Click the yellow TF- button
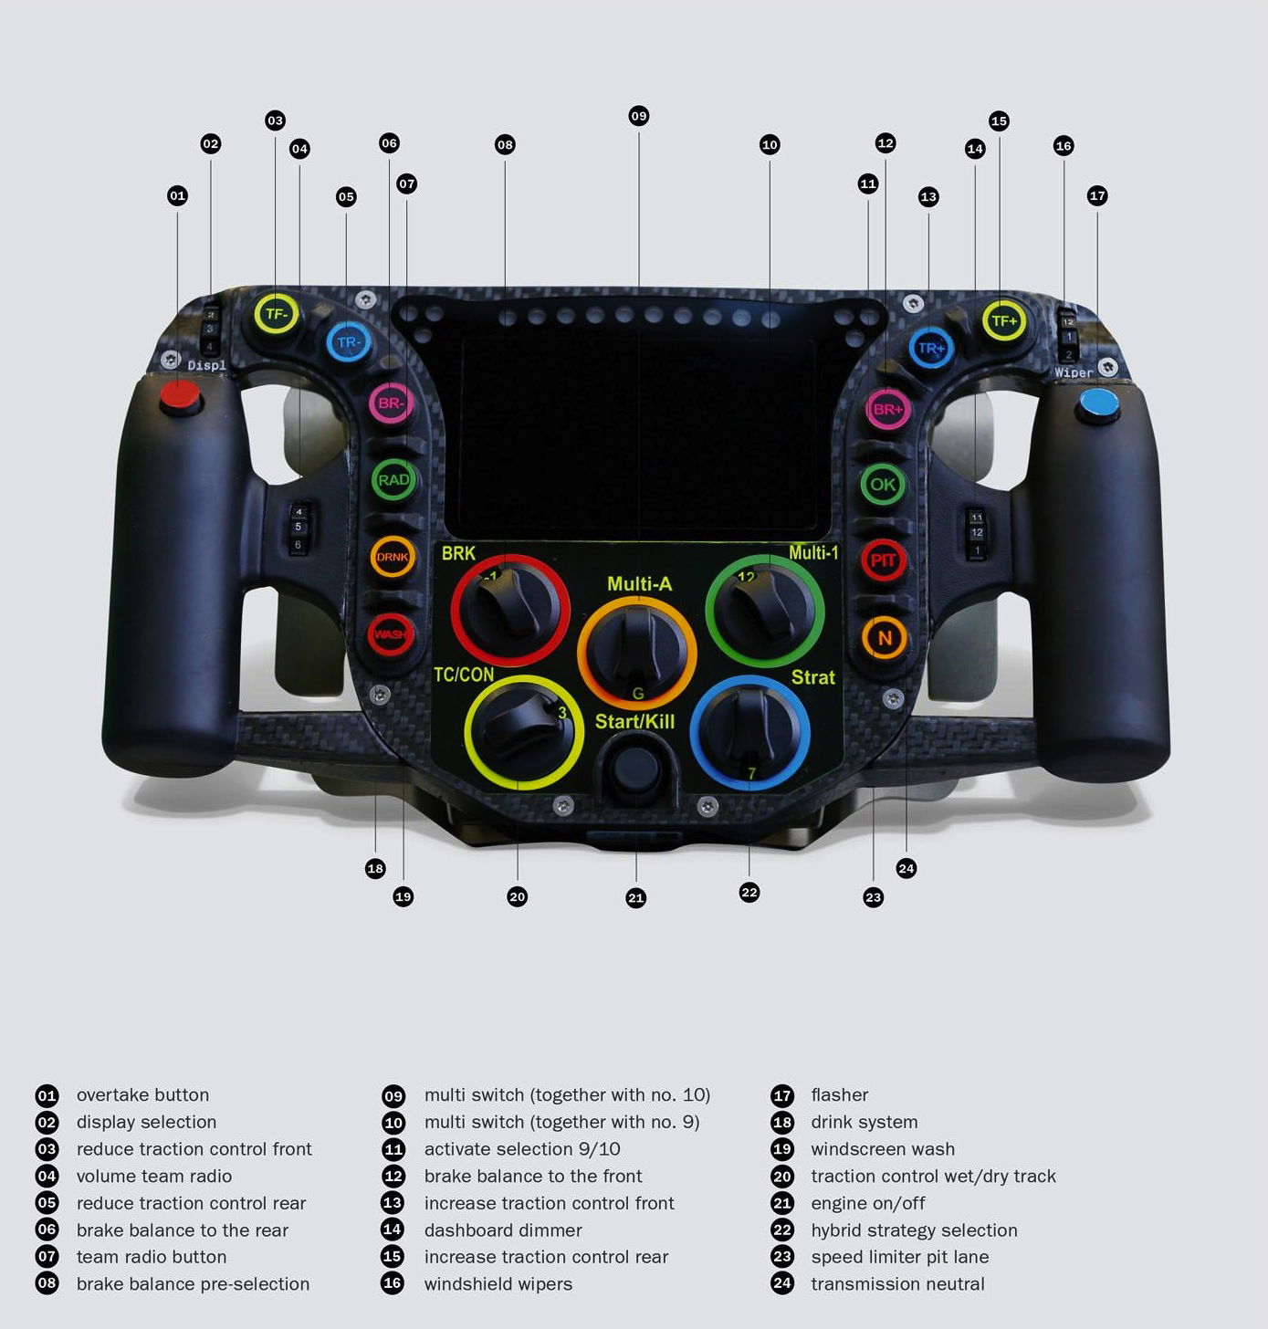coord(276,315)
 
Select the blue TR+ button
coord(931,348)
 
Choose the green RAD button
coord(393,480)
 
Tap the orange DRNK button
coord(393,557)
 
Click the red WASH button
coord(391,634)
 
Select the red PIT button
coord(883,560)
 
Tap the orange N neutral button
coord(884,638)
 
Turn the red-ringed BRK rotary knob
coord(509,609)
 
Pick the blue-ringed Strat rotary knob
coord(749,733)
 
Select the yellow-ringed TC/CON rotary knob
coord(523,732)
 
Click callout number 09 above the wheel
coord(639,116)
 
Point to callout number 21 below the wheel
coord(636,898)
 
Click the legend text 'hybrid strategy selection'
coord(914,1230)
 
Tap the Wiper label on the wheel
coord(1074,373)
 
